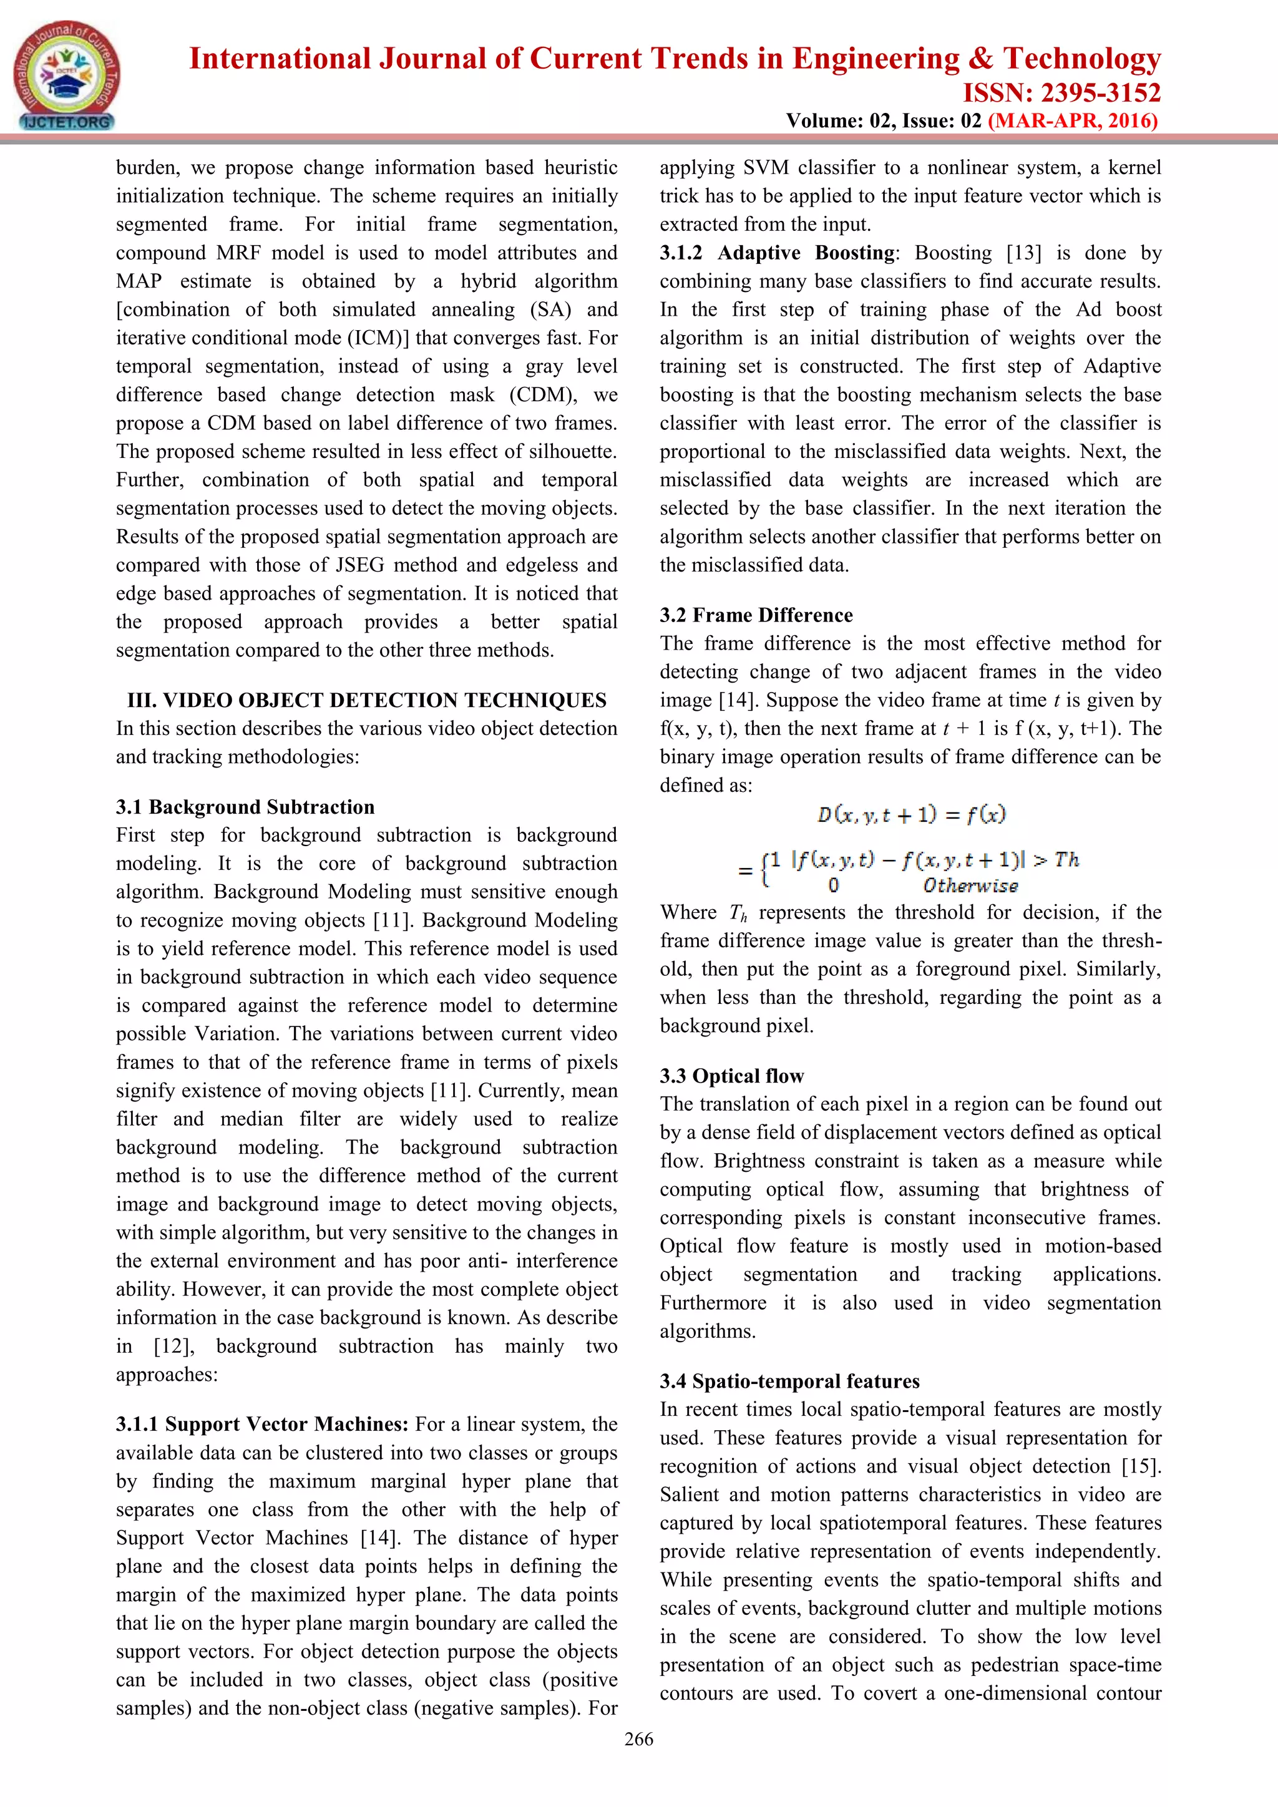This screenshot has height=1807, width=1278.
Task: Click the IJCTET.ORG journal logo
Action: click(x=67, y=76)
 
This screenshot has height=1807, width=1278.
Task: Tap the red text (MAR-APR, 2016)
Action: click(x=1072, y=120)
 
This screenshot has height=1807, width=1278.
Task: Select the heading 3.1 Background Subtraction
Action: click(x=245, y=807)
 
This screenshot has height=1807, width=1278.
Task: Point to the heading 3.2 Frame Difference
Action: click(x=756, y=615)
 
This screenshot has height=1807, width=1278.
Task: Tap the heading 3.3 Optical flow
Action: click(x=731, y=1076)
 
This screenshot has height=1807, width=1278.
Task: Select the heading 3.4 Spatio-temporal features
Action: click(x=789, y=1381)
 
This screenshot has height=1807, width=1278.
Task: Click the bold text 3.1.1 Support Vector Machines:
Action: click(x=262, y=1424)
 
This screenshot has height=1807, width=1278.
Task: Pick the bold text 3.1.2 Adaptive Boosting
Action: click(x=777, y=253)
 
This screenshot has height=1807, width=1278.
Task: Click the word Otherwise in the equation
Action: click(x=970, y=886)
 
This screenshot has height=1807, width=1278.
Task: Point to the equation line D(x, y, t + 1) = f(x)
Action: click(x=910, y=814)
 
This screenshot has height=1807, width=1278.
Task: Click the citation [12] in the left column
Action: click(x=172, y=1346)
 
